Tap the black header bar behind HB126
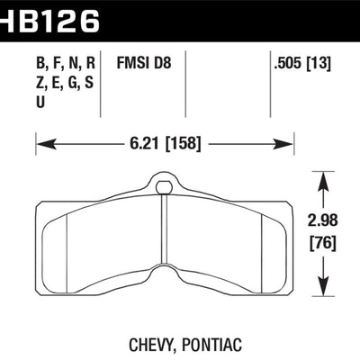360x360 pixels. click(x=225, y=18)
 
